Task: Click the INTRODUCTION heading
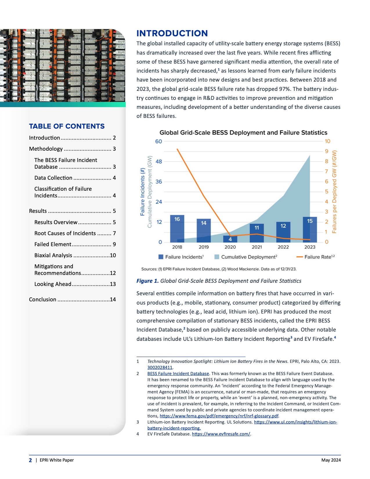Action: (172, 33)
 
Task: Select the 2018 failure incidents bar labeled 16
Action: (177, 228)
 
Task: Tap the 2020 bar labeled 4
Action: (230, 239)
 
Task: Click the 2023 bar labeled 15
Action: (310, 229)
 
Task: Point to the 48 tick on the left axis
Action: (159, 162)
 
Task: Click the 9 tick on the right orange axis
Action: (327, 151)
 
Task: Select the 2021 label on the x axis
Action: (257, 247)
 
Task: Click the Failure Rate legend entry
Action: (316, 257)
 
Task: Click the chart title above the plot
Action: (243, 133)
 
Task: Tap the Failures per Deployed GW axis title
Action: (335, 192)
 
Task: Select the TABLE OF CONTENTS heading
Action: (67, 126)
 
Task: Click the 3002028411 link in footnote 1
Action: (160, 368)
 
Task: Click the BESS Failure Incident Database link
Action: (178, 374)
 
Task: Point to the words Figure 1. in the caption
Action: (147, 281)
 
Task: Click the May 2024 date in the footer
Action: (331, 460)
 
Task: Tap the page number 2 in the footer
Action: (30, 460)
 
